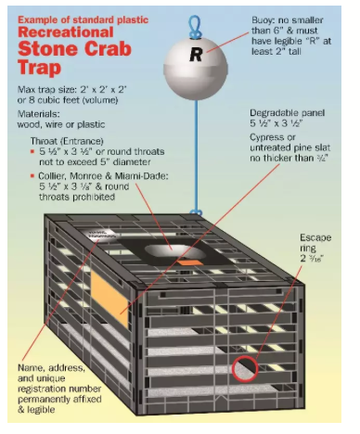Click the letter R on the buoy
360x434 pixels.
[196, 55]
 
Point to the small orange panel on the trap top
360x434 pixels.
[190, 262]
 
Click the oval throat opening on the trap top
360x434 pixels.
[175, 252]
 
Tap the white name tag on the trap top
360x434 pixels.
[98, 234]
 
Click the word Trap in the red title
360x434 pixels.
[39, 68]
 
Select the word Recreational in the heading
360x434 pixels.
[66, 32]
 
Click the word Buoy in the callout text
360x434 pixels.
[263, 20]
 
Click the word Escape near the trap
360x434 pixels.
[315, 237]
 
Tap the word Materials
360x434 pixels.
[39, 114]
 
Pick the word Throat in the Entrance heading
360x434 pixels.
[44, 141]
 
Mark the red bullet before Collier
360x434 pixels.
[32, 176]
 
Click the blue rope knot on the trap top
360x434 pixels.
[196, 212]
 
